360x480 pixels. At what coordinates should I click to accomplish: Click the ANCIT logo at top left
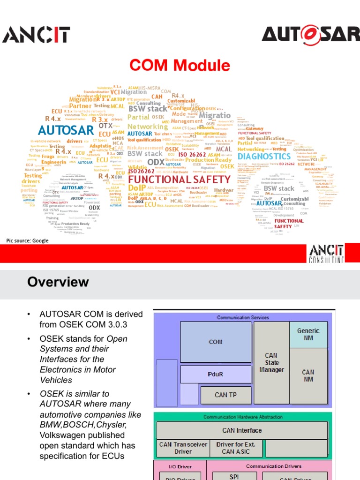(37, 35)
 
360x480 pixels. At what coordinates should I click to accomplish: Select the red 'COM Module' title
(180, 65)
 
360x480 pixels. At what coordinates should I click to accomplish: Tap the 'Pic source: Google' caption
(27, 240)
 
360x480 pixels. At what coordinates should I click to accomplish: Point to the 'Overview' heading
(58, 282)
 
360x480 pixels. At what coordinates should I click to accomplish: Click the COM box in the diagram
(215, 342)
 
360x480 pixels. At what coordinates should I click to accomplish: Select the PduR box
(215, 375)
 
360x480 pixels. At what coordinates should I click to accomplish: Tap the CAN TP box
(225, 395)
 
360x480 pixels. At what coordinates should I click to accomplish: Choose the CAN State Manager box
(271, 363)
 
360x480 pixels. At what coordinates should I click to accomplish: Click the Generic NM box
(308, 334)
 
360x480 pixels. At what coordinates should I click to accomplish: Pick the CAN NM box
(308, 375)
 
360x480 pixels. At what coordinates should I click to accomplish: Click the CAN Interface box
(242, 430)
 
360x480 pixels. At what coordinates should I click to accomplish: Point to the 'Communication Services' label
(242, 317)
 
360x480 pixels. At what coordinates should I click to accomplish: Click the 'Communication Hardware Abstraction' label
(242, 417)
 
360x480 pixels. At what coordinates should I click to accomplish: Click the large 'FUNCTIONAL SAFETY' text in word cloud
(179, 180)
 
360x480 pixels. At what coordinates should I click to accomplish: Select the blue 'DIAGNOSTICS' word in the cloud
(270, 156)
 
